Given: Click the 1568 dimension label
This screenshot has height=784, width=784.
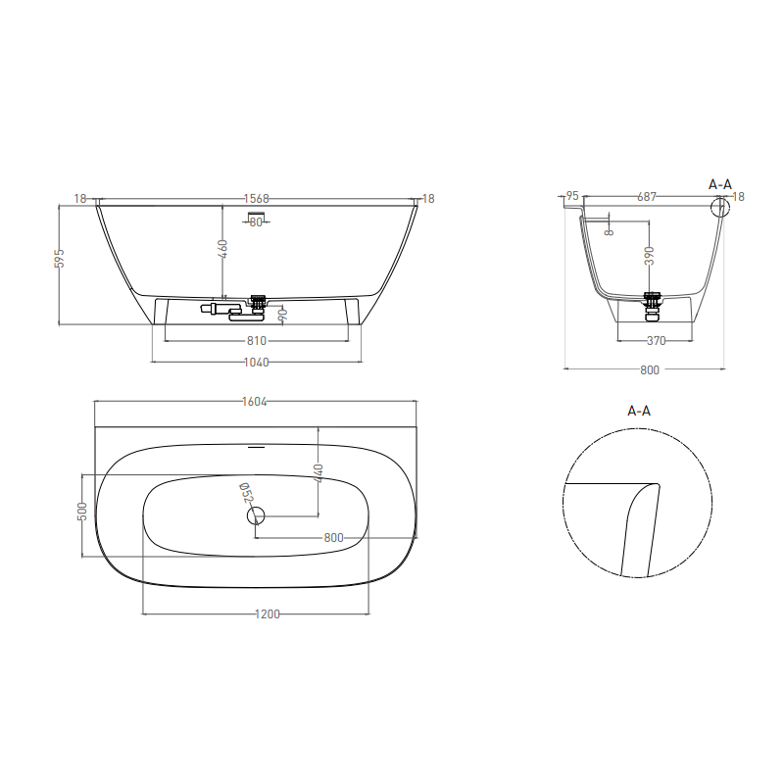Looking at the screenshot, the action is coord(257,199).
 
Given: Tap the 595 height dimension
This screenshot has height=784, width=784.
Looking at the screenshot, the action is coord(60,259).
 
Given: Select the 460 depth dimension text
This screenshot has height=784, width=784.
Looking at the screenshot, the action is coord(223,249).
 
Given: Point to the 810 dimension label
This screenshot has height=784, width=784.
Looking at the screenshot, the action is coord(257,341).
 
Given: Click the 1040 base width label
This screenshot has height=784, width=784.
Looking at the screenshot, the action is coord(256,362).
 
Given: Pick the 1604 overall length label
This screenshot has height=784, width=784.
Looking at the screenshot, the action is coord(255,402).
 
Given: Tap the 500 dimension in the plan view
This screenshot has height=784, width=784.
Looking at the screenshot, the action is coord(82,512).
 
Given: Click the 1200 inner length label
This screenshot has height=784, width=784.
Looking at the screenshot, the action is coord(268,614).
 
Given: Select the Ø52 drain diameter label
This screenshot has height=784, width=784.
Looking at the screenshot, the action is coord(247,493).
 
